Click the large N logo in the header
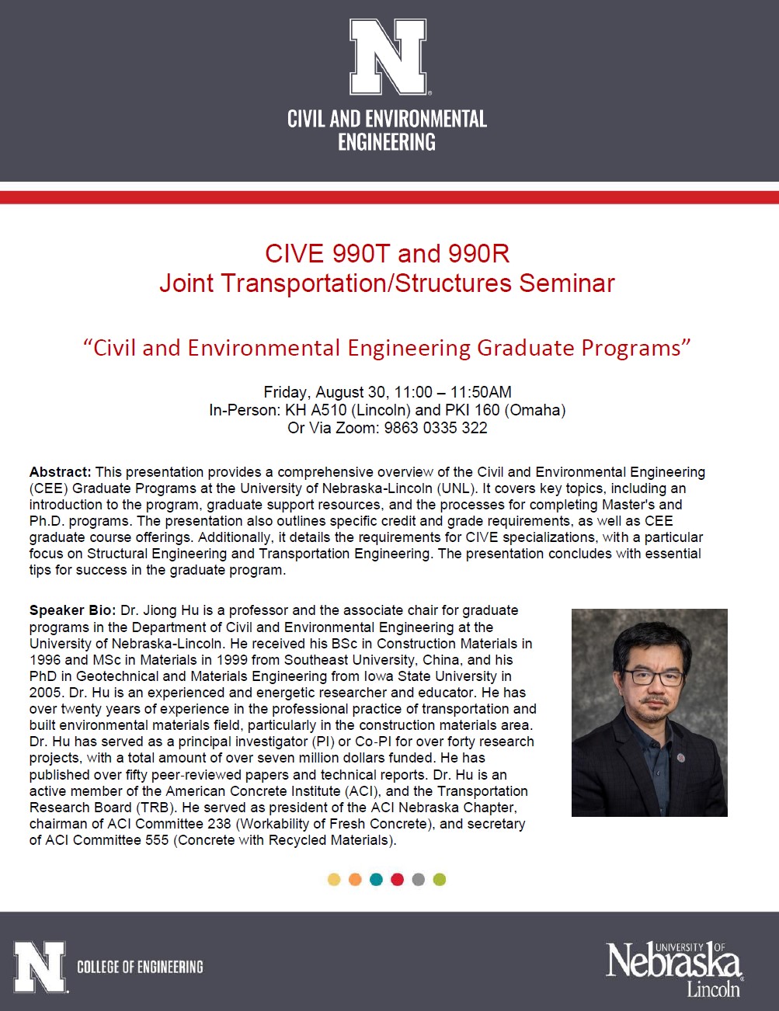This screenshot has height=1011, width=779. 388,57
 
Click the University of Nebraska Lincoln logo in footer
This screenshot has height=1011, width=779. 673,968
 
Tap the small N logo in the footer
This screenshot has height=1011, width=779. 40,967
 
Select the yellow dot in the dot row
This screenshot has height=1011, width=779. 334,880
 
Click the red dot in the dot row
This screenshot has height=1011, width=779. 398,880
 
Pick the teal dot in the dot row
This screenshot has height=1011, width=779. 377,880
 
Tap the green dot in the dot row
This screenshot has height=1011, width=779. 440,880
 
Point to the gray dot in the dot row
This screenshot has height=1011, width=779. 419,880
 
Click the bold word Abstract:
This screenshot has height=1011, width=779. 61,472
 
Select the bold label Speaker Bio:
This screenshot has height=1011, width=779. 72,610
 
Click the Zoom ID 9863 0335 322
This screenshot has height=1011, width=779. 436,428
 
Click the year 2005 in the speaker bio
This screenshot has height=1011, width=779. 45,693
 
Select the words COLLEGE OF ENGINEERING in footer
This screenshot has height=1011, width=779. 140,968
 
